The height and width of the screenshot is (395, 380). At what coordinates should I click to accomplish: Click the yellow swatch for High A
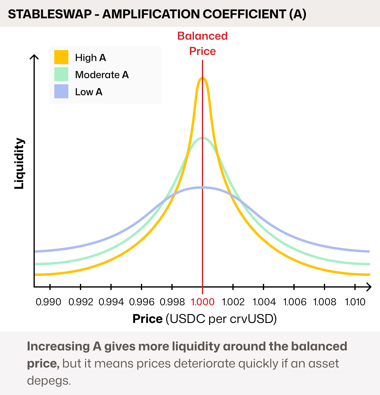(x=61, y=57)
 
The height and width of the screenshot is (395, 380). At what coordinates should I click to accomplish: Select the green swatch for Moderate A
(x=61, y=74)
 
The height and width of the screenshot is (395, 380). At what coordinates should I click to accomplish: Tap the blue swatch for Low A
(x=61, y=91)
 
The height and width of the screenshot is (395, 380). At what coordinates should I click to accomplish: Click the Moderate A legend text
(x=102, y=75)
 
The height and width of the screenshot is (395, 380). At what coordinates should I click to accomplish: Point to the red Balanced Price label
(x=203, y=43)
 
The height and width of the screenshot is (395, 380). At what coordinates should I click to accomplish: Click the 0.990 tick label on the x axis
(x=48, y=302)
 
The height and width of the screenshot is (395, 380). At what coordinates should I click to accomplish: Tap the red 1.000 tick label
(x=203, y=302)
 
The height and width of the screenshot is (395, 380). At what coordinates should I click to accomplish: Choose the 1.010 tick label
(x=355, y=302)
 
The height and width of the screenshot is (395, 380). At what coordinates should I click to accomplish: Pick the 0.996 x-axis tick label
(x=142, y=302)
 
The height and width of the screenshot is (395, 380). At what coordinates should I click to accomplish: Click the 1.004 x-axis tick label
(x=264, y=302)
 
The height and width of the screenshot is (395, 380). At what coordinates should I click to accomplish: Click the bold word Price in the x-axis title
(x=147, y=319)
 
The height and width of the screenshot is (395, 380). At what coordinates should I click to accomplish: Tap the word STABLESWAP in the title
(x=50, y=14)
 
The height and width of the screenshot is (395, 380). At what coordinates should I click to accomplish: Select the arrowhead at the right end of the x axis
(x=369, y=287)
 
